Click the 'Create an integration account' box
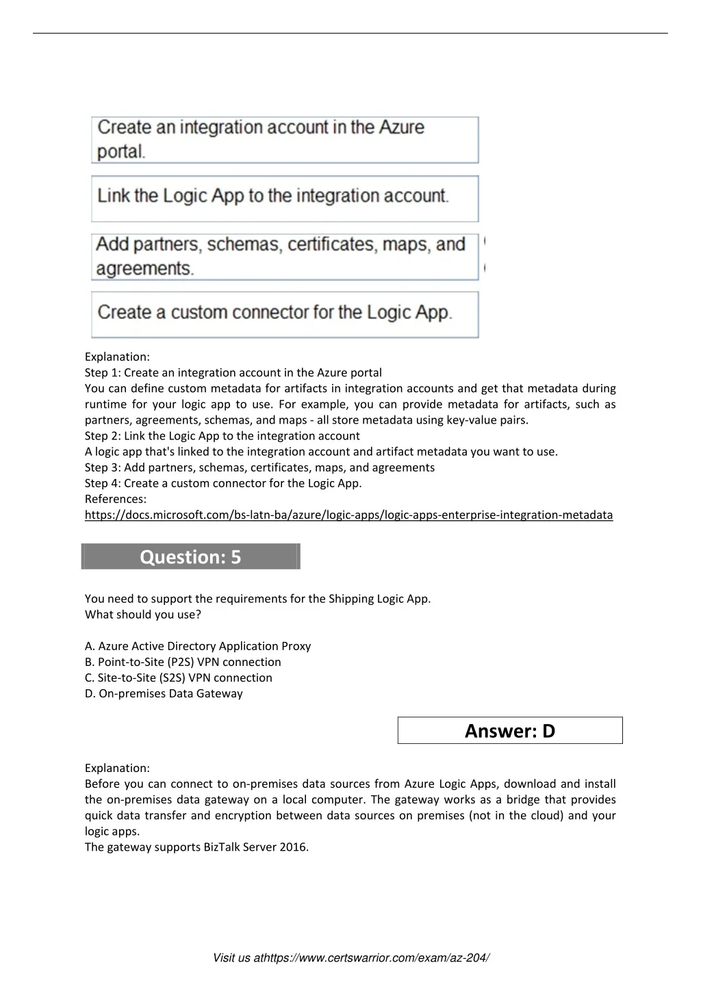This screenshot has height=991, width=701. point(285,140)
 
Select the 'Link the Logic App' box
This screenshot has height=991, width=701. point(285,198)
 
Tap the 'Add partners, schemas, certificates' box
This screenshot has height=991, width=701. point(285,257)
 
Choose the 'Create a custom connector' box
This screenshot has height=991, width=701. point(285,314)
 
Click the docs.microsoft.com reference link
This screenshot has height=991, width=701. point(348,515)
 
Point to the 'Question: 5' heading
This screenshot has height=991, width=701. point(190,556)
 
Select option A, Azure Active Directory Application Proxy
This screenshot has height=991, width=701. point(198,646)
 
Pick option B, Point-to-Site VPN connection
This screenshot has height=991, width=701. point(183,662)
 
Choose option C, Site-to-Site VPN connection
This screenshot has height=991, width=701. point(179,678)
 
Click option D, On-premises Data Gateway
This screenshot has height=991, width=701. point(164,693)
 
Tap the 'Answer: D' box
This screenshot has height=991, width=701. point(510,730)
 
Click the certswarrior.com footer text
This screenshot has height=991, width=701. point(350,957)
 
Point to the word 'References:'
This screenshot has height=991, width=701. point(116,499)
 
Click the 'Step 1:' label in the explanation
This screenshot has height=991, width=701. point(103,372)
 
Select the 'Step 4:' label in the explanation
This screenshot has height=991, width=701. point(103,483)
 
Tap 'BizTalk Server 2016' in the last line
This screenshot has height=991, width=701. point(255,847)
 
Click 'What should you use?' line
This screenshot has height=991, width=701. point(143,614)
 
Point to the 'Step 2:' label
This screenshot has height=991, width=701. point(103,436)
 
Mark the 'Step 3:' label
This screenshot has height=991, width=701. point(103,467)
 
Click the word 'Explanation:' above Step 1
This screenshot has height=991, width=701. point(117,357)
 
